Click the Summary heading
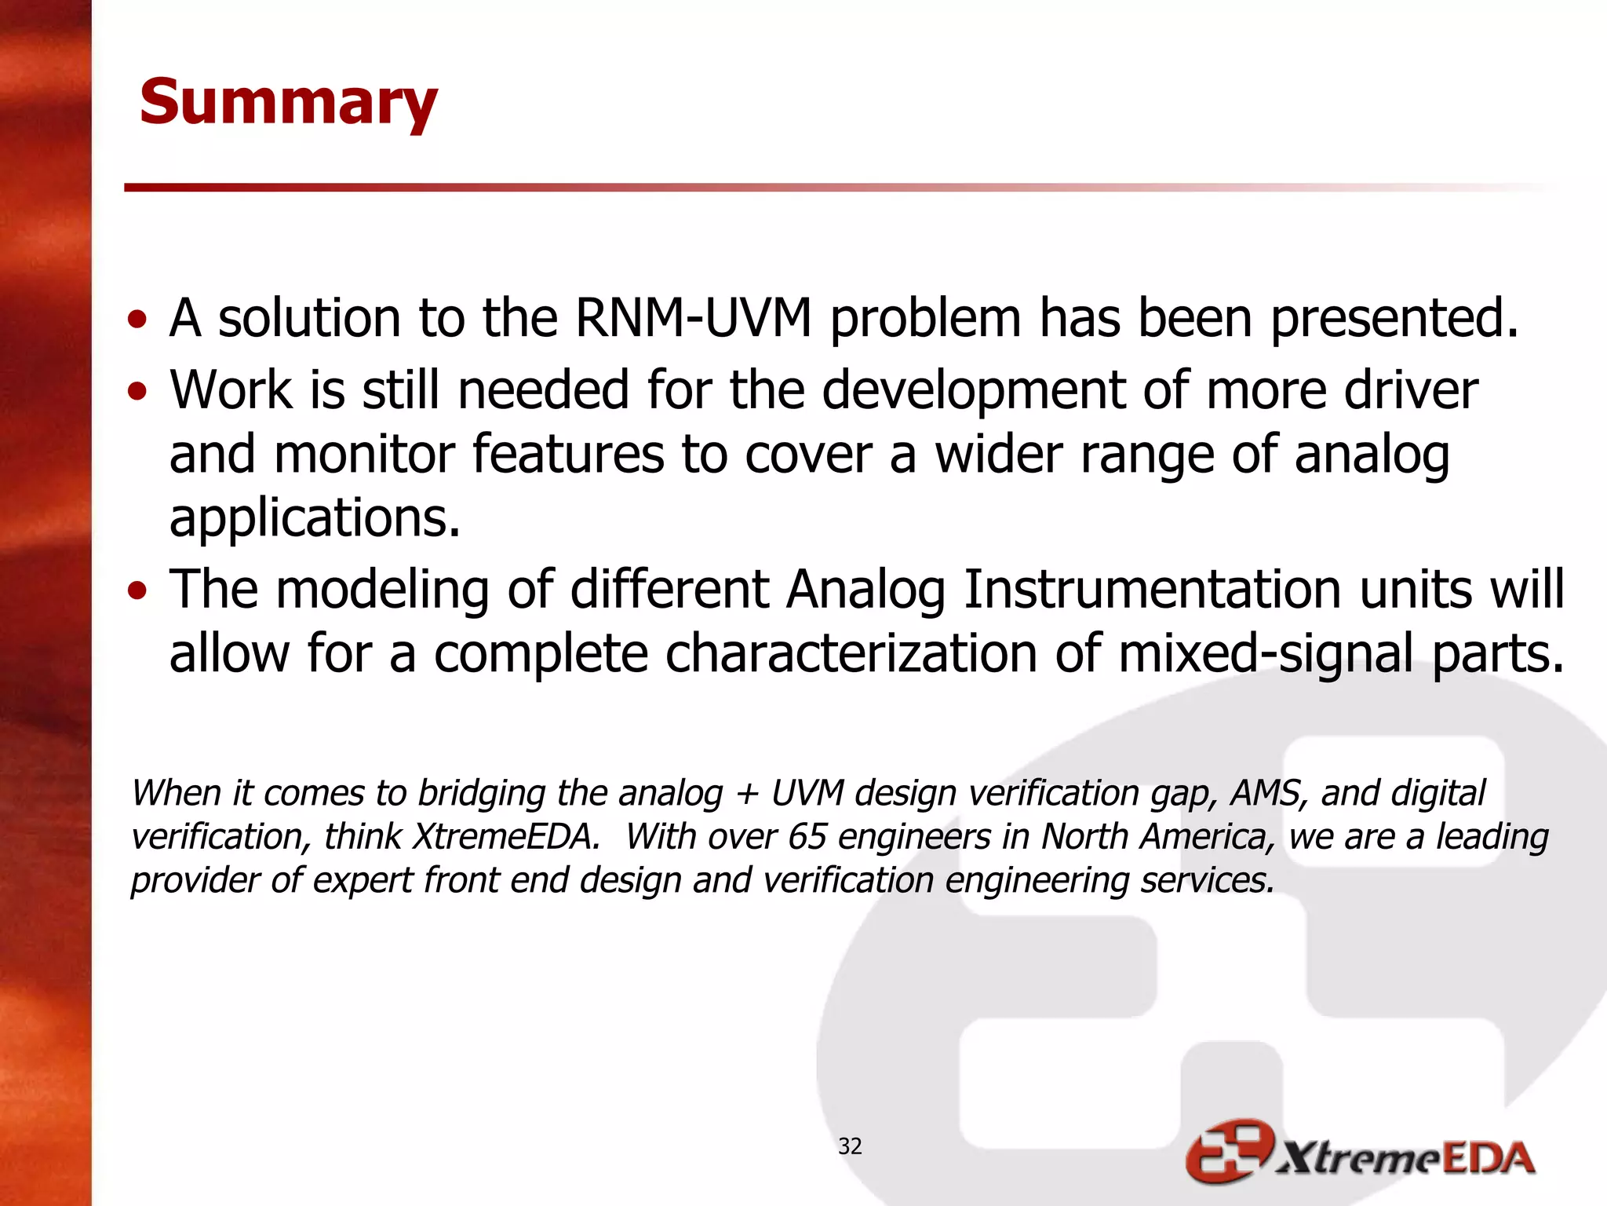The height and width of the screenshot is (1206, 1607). (x=288, y=102)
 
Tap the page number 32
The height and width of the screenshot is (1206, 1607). (x=850, y=1146)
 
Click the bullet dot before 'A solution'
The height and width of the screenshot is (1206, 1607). (x=137, y=320)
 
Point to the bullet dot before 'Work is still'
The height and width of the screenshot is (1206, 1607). (x=137, y=391)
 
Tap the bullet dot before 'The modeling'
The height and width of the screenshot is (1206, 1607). (x=137, y=590)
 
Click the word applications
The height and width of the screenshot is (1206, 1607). (x=315, y=518)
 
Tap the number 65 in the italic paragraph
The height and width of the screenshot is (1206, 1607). (x=807, y=837)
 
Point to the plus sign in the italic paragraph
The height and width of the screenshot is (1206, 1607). (x=746, y=794)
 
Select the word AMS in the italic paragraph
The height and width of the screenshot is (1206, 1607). (x=1268, y=793)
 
